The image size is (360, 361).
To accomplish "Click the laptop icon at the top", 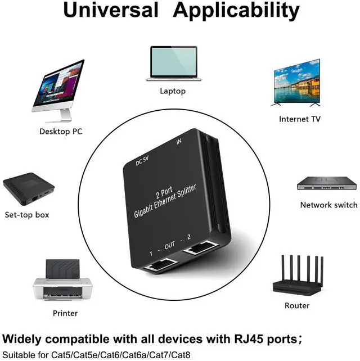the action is pyautogui.click(x=172, y=64).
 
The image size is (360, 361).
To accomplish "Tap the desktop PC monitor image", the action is pyautogui.click(x=58, y=90).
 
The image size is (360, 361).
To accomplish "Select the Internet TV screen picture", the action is pyautogui.click(x=296, y=83).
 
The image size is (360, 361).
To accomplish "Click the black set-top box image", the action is pyautogui.click(x=29, y=190).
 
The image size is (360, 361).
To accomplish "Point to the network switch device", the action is pyautogui.click(x=326, y=183).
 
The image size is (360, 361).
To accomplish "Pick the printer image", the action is pyautogui.click(x=61, y=281).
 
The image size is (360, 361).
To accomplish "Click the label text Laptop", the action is pyautogui.click(x=172, y=91).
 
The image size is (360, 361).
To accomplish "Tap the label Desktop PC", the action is pyautogui.click(x=61, y=132).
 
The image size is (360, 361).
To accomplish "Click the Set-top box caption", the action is pyautogui.click(x=27, y=215).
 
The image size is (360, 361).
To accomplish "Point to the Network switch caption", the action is pyautogui.click(x=328, y=205).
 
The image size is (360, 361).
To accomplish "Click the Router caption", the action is pyautogui.click(x=297, y=306).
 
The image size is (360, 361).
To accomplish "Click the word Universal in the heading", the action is pyautogui.click(x=110, y=11).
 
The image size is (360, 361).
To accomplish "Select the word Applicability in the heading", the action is pyautogui.click(x=236, y=11).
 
